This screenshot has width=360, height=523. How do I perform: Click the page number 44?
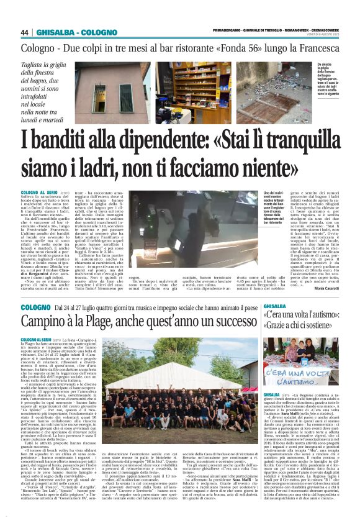pyautogui.click(x=25, y=32)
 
